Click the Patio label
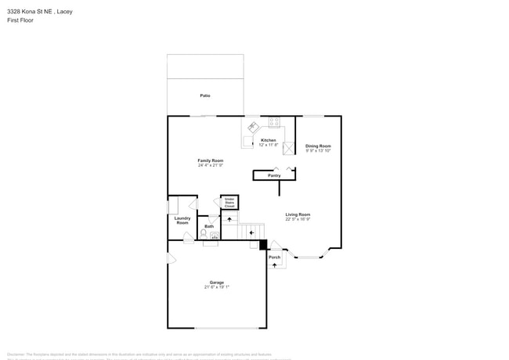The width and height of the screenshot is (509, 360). pos(205,95)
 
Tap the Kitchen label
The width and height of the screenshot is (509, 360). pos(269,140)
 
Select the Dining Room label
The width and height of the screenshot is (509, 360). pos(318,146)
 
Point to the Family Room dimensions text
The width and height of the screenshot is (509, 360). pos(210,165)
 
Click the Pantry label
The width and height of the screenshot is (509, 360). pos(274,175)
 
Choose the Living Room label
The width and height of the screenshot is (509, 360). pos(298,214)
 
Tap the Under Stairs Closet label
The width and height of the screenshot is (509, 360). pos(229,203)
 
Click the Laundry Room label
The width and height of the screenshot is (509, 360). pos(182,221)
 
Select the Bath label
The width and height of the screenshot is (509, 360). pos(209,226)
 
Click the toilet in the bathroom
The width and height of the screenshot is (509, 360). pos(204,233)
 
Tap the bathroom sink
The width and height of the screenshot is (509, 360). pos(214,235)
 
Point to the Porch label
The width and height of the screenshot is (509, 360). pos(274,257)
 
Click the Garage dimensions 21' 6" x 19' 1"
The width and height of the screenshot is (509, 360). pos(217,287)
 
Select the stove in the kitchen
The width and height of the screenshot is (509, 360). pos(274,122)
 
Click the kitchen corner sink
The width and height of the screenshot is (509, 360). pos(253,126)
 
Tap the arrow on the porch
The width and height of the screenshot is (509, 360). pos(274,265)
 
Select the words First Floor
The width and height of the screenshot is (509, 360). pos(20,20)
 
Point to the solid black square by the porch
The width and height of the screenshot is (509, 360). pos(264,245)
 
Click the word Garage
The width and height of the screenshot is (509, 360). pos(217,282)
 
